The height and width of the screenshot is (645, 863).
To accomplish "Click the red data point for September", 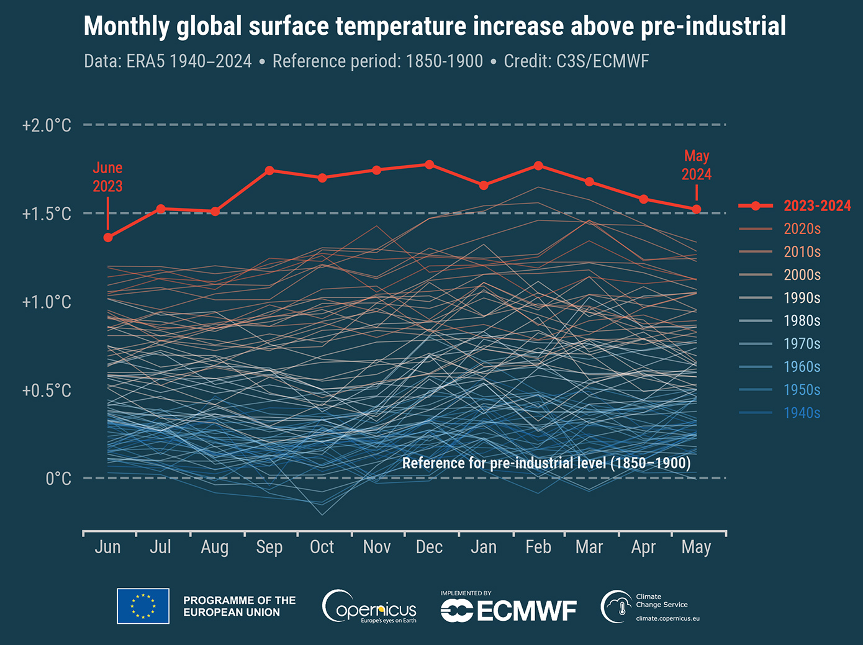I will click(269, 170).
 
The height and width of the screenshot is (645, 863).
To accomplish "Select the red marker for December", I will click(430, 165).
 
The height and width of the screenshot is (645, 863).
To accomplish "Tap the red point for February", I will click(538, 166).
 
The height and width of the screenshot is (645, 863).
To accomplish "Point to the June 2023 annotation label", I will click(107, 177).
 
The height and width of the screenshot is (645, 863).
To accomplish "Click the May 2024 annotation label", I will click(697, 165).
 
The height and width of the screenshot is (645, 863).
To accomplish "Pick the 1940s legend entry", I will click(802, 413).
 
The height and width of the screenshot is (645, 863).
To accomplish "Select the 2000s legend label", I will click(802, 275).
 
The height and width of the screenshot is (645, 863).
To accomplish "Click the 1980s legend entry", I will click(802, 321).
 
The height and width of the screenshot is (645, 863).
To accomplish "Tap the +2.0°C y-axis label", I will click(47, 125).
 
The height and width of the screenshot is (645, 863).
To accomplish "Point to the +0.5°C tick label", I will click(47, 391).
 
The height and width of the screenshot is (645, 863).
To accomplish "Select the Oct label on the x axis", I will click(322, 547).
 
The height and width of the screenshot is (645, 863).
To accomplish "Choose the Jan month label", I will click(484, 547).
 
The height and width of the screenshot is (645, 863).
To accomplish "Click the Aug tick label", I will click(214, 547).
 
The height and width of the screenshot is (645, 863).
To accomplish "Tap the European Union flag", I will click(143, 606).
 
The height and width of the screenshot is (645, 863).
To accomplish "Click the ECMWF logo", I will click(508, 610).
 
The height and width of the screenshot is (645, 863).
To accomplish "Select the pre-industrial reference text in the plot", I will click(546, 463).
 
